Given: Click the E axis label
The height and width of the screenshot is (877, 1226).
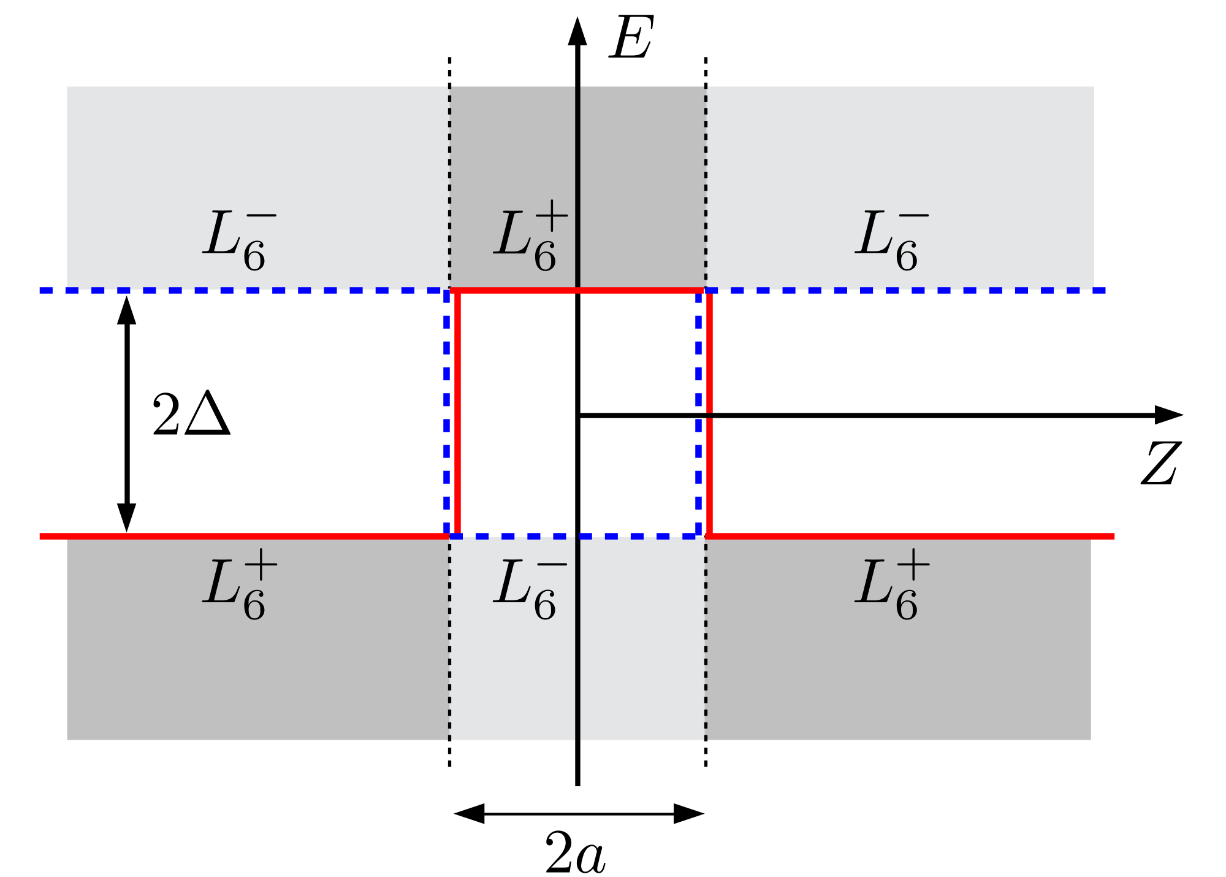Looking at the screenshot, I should [x=631, y=38].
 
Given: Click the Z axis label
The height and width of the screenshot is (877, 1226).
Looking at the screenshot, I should [x=1160, y=463].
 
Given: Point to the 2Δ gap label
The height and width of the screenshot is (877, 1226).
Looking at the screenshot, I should [x=191, y=415].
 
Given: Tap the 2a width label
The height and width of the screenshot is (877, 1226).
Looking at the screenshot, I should [x=575, y=852].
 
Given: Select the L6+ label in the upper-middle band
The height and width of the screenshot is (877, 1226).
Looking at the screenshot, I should [x=530, y=236].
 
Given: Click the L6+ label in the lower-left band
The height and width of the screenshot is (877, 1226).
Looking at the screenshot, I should [x=239, y=586].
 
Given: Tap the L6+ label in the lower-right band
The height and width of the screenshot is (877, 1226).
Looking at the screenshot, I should [x=892, y=586].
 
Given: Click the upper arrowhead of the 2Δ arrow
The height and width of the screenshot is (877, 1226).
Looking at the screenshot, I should [x=127, y=310].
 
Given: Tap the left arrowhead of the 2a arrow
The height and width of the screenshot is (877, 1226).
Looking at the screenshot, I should [x=470, y=814].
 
